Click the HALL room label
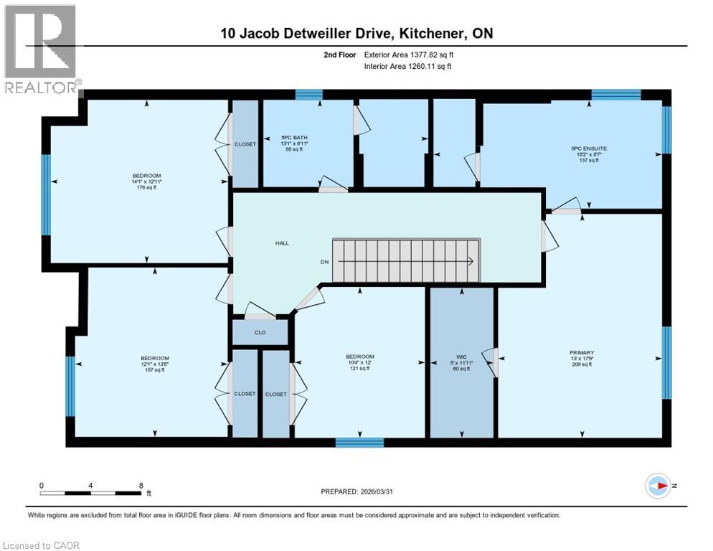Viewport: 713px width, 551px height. click(x=282, y=243)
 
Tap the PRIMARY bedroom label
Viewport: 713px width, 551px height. click(x=580, y=352)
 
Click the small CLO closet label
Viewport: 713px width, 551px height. click(x=260, y=333)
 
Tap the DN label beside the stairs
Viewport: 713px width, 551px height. click(x=324, y=262)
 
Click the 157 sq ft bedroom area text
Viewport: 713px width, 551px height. click(x=154, y=370)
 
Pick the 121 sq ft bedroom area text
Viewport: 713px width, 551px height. click(x=359, y=369)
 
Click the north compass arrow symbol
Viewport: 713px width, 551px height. click(x=657, y=486)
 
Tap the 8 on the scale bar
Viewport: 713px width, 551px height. click(x=141, y=485)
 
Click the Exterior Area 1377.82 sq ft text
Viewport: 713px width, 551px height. click(x=409, y=54)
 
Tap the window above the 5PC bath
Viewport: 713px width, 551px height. click(x=308, y=94)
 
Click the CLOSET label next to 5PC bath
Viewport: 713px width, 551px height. click(x=245, y=144)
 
